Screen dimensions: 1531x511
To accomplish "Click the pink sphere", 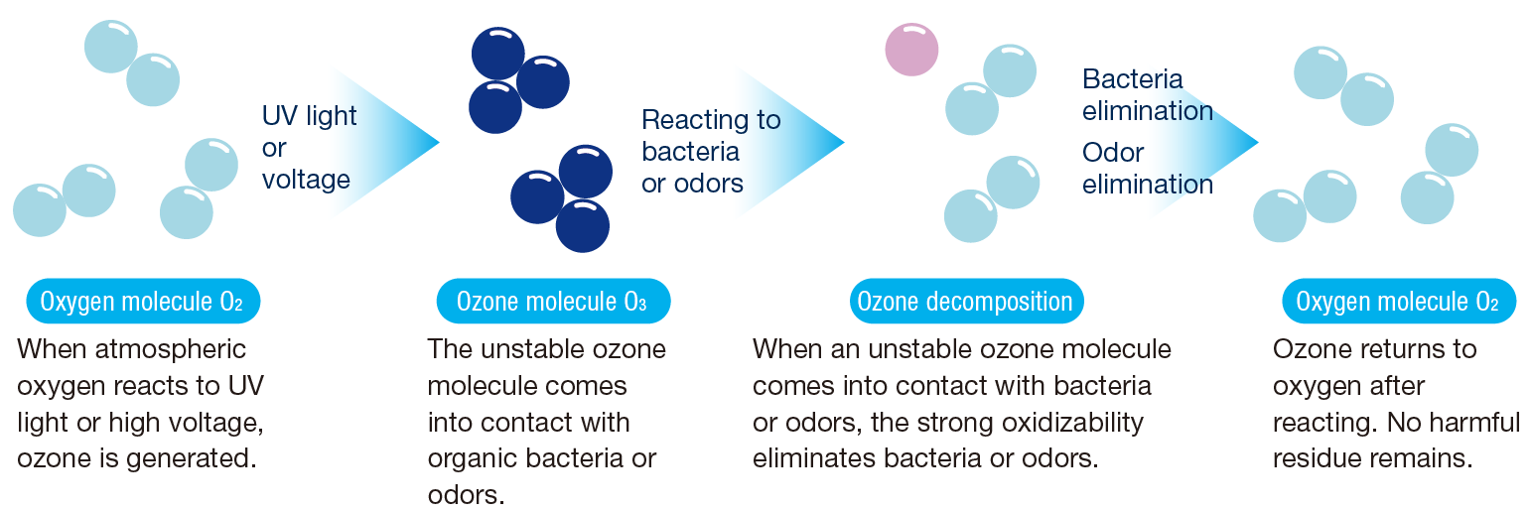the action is click(911, 50).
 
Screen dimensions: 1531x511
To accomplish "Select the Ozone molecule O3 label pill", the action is click(553, 301).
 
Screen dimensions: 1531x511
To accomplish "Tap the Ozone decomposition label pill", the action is click(966, 301).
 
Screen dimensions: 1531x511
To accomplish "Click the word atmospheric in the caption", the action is click(170, 349).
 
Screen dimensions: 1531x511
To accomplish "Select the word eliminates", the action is click(814, 458).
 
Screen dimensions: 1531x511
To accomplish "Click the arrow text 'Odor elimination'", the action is click(1147, 168).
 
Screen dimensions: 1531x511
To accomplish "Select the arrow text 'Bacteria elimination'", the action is click(1147, 95).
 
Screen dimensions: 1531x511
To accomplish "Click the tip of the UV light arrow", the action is click(440, 143).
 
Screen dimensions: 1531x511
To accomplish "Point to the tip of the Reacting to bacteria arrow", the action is click(845, 143).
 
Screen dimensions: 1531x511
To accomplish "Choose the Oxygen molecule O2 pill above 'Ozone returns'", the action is click(1398, 301).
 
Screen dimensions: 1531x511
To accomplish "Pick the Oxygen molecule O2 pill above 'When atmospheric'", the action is click(143, 301).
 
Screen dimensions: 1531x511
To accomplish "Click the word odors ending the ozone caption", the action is click(466, 494).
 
